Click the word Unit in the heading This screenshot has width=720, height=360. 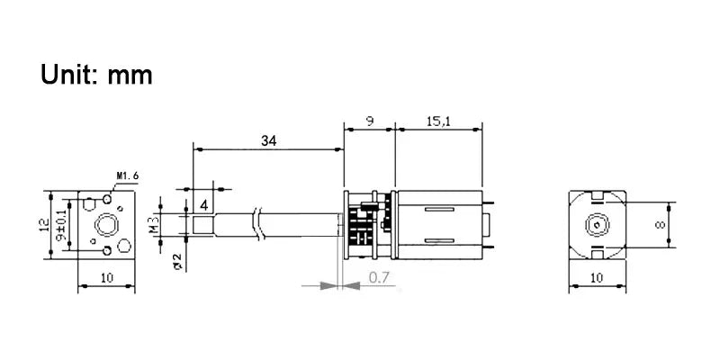pyautogui.click(x=70, y=74)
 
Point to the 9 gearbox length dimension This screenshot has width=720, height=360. pyautogui.click(x=370, y=119)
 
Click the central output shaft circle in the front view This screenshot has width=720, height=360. pyautogui.click(x=106, y=224)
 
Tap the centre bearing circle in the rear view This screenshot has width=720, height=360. pyautogui.click(x=596, y=225)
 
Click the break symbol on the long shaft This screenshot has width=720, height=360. pyautogui.click(x=259, y=224)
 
